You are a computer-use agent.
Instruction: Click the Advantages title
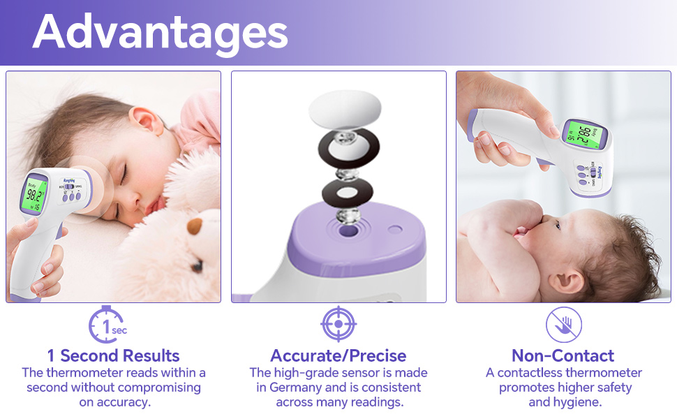click(160, 32)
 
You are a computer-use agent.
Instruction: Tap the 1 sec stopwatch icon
click(106, 325)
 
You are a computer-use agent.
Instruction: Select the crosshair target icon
click(338, 324)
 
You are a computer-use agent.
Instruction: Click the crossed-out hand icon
click(564, 325)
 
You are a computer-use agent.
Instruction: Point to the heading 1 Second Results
click(114, 355)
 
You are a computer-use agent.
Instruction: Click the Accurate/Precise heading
click(338, 355)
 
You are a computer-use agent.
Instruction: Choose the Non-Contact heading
click(563, 355)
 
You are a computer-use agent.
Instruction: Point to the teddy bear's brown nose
click(196, 228)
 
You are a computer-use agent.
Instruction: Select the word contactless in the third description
click(530, 373)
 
